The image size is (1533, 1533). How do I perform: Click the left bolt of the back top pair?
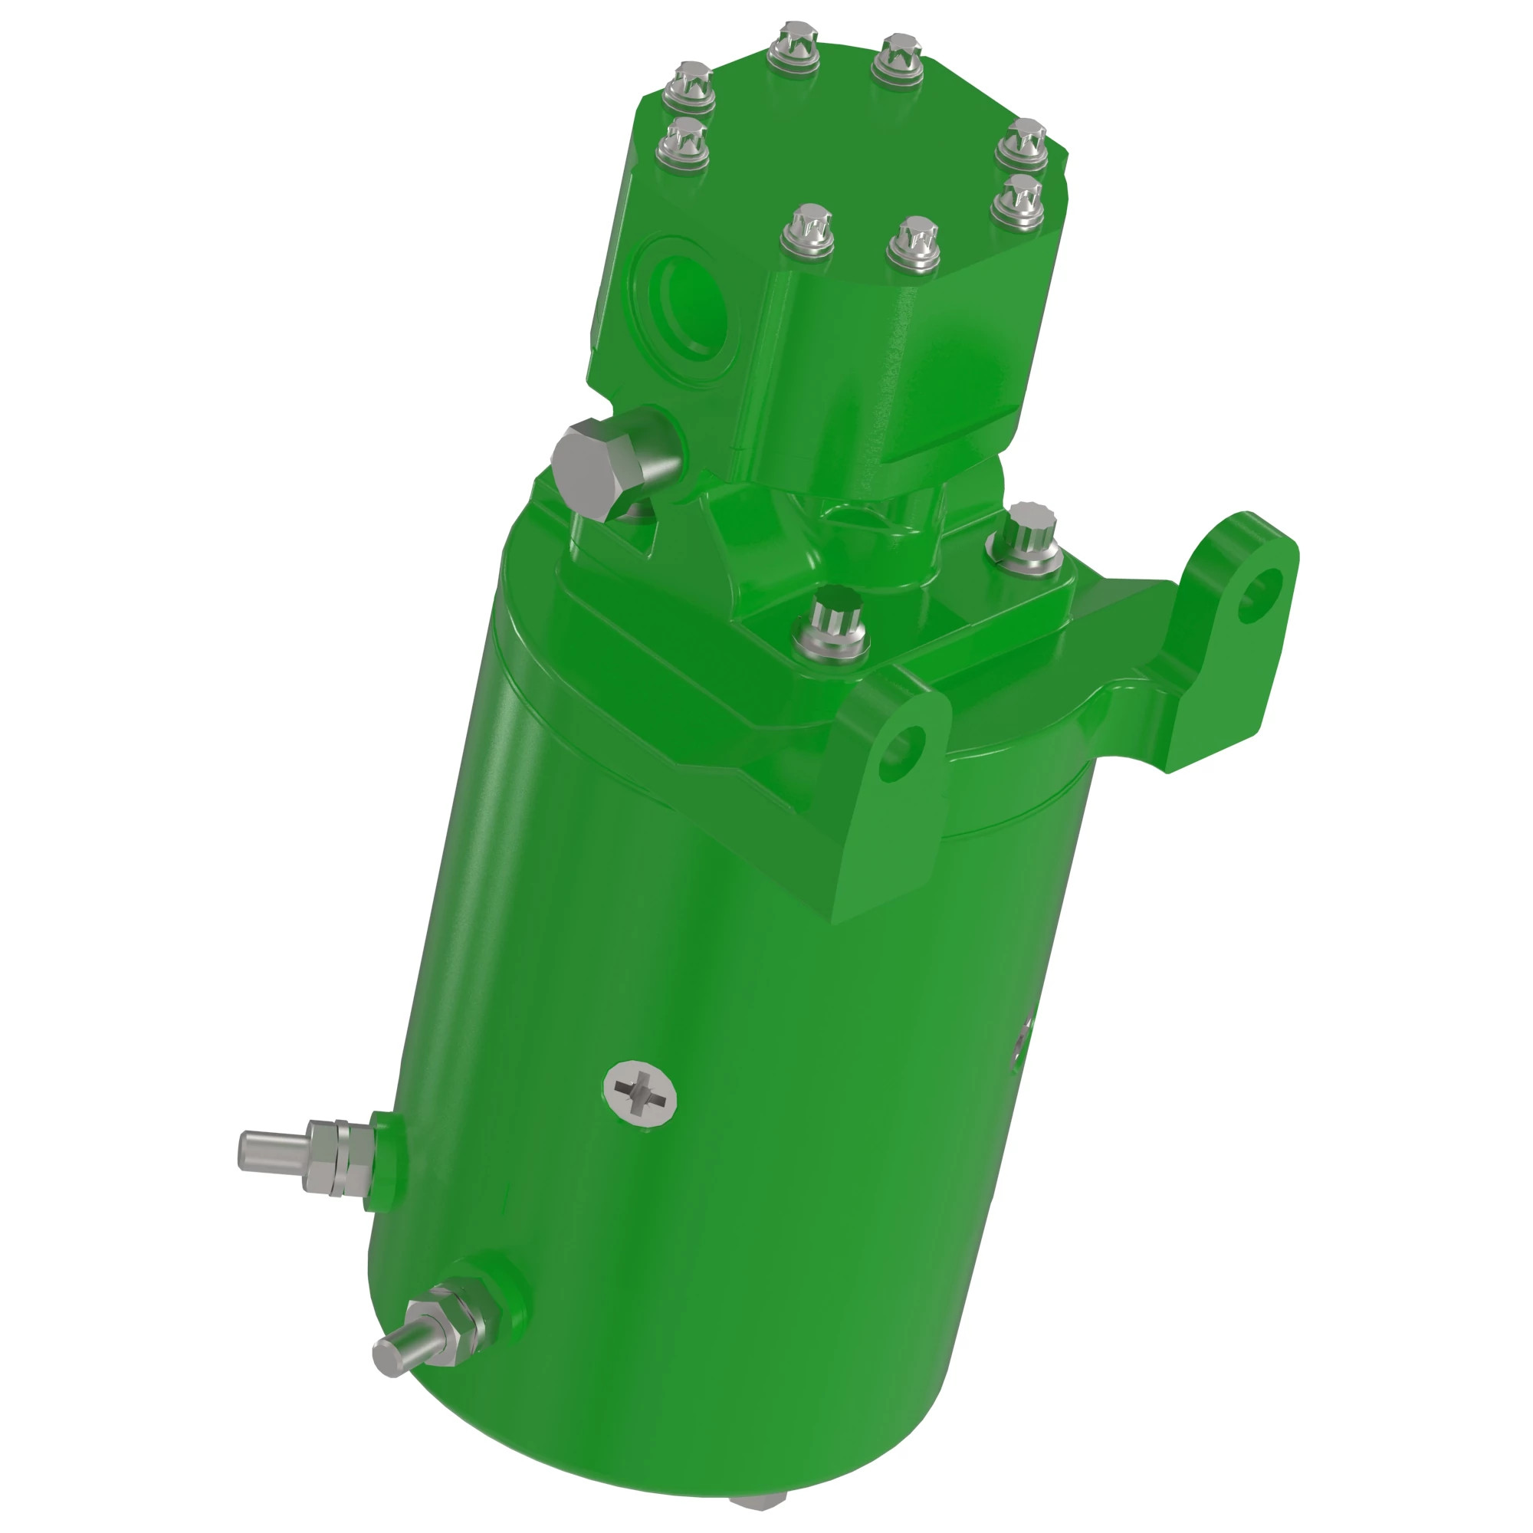(x=793, y=47)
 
